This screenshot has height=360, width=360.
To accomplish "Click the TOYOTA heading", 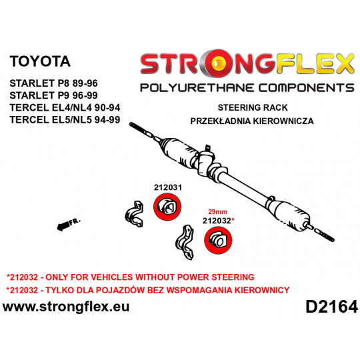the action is tap(40, 61).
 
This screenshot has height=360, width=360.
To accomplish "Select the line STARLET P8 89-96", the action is tap(54, 83).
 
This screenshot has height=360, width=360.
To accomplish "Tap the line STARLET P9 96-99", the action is tap(54, 95).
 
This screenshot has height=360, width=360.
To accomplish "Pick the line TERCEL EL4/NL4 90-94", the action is tap(65, 107).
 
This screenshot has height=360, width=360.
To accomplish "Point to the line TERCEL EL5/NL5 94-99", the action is tap(65, 119).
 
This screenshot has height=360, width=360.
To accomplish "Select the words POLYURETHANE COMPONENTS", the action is tap(247, 88).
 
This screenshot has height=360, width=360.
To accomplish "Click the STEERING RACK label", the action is tap(253, 108).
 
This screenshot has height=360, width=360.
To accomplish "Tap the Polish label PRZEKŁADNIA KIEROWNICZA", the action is tap(252, 121).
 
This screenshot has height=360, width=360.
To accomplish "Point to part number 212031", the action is tap(168, 187).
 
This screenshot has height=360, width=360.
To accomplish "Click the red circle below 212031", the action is tap(167, 207).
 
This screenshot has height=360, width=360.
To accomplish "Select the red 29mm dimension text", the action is tap(217, 211).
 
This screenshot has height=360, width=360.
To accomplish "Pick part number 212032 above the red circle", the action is tap(217, 221).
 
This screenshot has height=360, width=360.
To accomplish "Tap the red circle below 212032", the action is tap(218, 240).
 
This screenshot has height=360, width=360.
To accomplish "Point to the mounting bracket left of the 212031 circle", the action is tap(134, 214).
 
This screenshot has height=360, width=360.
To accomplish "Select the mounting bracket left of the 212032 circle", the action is tap(185, 242).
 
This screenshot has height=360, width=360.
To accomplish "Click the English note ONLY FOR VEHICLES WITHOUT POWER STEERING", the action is tap(150, 277).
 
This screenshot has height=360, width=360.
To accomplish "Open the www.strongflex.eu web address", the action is tap(66, 307).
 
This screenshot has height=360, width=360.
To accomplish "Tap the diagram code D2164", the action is tap(331, 307).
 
